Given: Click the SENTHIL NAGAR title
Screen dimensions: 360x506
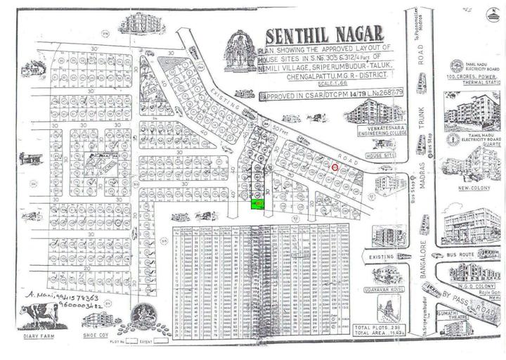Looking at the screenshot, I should pyautogui.click(x=324, y=35).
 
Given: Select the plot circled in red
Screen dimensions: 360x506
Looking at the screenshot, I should pyautogui.click(x=335, y=167).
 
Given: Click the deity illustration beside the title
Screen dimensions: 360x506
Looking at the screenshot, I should pyautogui.click(x=242, y=53).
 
